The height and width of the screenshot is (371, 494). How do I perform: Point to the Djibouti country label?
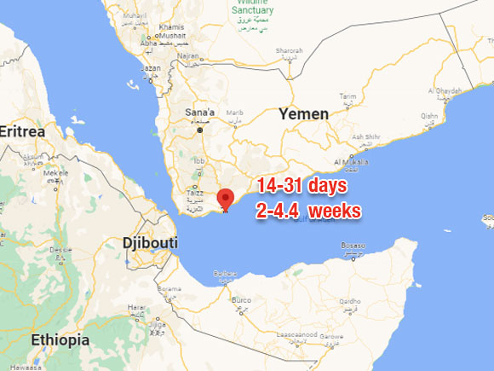click(150, 243)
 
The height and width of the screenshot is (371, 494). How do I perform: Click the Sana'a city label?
click(201, 112)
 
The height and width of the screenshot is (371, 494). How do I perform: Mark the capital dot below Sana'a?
click(201, 130)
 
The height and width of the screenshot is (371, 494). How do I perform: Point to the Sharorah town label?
click(290, 50)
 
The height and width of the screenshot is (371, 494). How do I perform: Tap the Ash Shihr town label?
click(366, 136)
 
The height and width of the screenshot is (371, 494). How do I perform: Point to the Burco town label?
click(242, 300)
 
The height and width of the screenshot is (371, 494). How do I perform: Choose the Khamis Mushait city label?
click(170, 30)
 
